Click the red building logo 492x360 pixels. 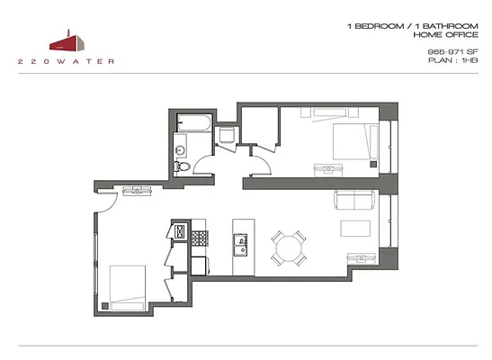[x=68, y=40]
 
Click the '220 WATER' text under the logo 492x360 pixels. [x=67, y=61]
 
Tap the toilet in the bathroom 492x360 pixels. [x=182, y=165]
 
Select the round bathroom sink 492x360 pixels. [x=180, y=148]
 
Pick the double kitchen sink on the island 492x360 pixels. [x=240, y=243]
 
